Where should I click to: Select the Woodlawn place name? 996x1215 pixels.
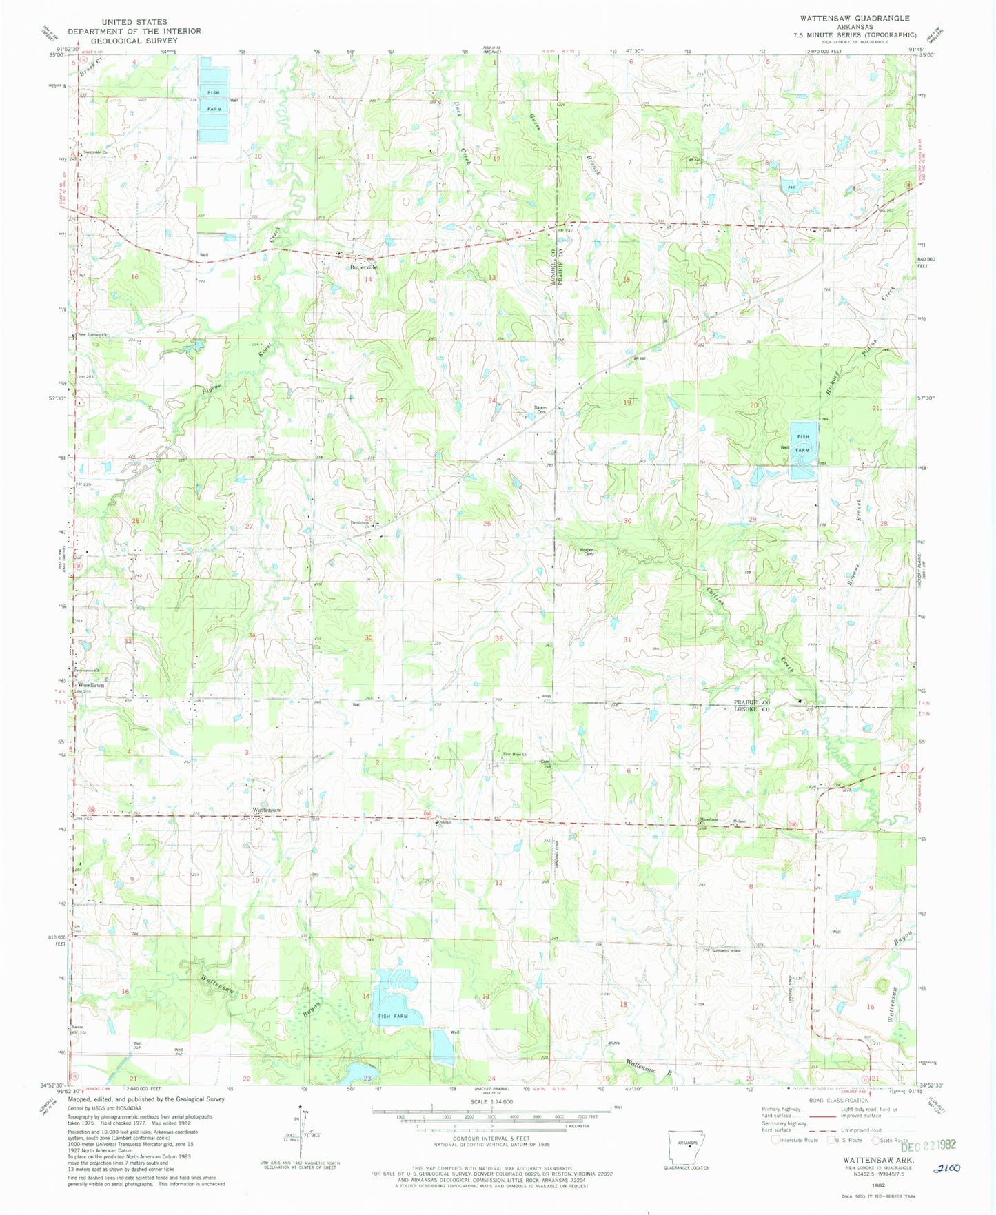[90, 686]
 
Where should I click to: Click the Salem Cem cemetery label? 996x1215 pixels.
[540, 409]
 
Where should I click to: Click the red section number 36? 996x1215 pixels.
[498, 639]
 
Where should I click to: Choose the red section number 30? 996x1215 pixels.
[627, 521]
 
